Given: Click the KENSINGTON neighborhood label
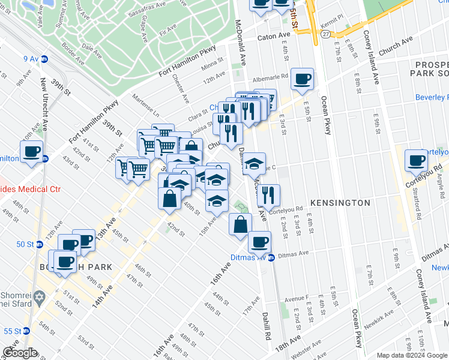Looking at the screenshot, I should (x=340, y=203).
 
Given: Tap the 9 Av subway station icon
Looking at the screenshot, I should (x=44, y=59).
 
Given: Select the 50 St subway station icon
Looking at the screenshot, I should (x=40, y=244).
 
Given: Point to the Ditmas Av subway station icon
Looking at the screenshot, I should (x=271, y=257).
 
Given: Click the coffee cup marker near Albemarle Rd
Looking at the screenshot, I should (x=302, y=78).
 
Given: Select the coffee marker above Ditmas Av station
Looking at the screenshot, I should (x=259, y=242).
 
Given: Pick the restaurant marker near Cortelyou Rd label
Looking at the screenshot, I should (x=268, y=194).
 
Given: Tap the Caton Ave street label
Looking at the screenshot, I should (x=274, y=37).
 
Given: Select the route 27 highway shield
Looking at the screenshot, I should (x=325, y=35).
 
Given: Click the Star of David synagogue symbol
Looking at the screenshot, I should (x=41, y=297).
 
